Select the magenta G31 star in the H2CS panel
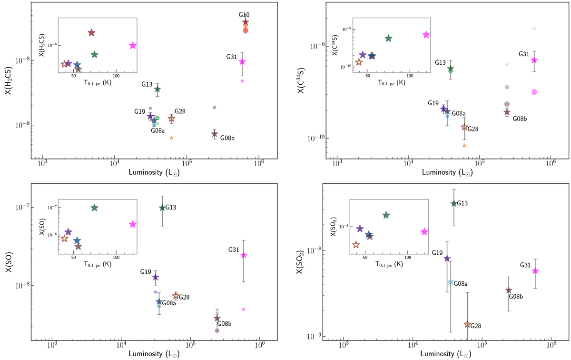(242, 62)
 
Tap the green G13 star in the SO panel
(162, 208)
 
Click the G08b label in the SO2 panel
(516, 296)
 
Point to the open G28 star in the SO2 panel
(467, 324)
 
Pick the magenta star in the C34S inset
(426, 35)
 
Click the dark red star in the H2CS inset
(91, 32)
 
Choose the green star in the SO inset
(94, 208)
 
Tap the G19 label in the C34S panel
(433, 103)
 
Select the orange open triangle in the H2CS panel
(171, 137)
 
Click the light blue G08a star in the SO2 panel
(450, 282)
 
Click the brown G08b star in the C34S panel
(507, 112)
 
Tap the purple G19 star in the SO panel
(155, 277)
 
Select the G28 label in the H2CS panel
(179, 111)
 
